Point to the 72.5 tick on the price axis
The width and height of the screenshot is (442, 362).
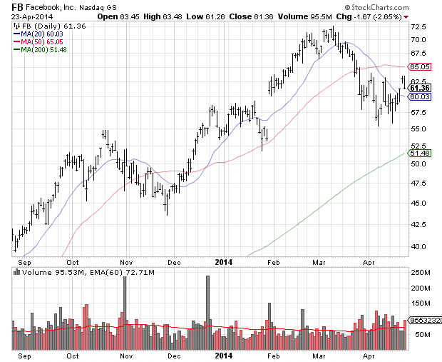coord(419,26)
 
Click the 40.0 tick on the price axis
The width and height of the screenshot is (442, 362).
coord(419,246)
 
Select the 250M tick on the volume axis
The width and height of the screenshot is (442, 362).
coord(421,273)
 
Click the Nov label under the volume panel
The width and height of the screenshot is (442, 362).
coord(126,355)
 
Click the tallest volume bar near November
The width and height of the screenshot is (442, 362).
coord(125,313)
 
